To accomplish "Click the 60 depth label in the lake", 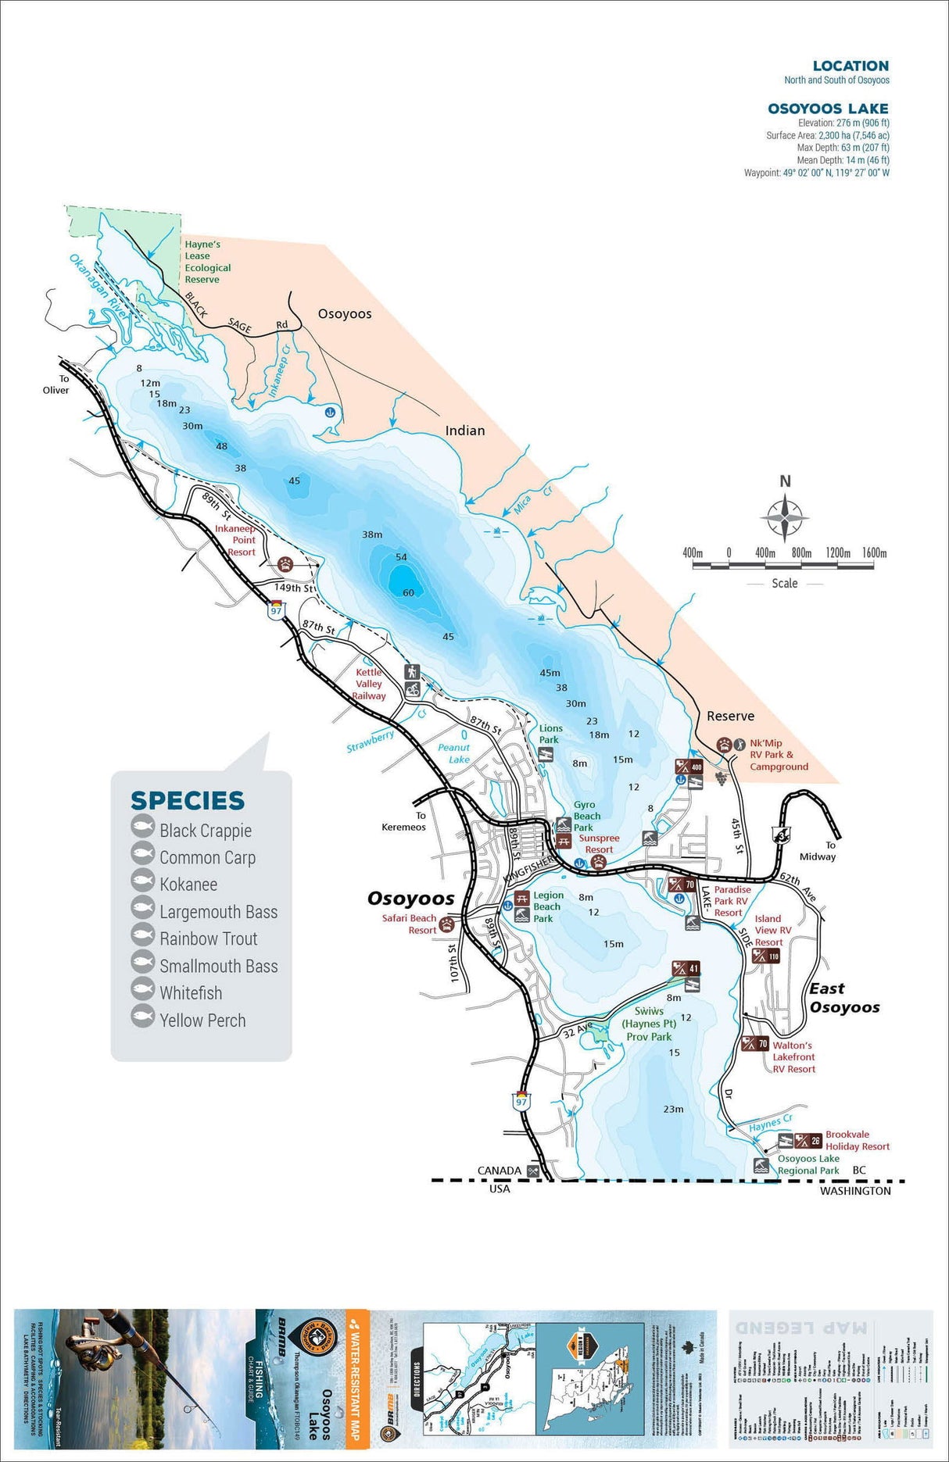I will (408, 593).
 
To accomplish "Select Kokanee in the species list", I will (188, 885).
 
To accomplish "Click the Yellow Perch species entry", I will (202, 1021).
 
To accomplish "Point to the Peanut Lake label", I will (454, 753).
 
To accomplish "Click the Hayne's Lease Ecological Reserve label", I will (207, 262).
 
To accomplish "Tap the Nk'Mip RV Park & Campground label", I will (779, 755).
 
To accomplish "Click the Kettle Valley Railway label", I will (369, 684).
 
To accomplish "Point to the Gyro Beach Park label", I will (586, 816).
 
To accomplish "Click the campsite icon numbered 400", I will (689, 767).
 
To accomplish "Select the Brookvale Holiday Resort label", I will (857, 1141).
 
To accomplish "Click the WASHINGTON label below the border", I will (855, 1191).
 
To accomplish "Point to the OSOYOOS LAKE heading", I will (828, 109).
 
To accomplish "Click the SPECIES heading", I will (188, 801).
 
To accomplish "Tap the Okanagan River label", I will (98, 282).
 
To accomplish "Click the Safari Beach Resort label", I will (409, 924).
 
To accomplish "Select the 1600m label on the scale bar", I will (874, 552).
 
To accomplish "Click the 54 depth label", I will (401, 557).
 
